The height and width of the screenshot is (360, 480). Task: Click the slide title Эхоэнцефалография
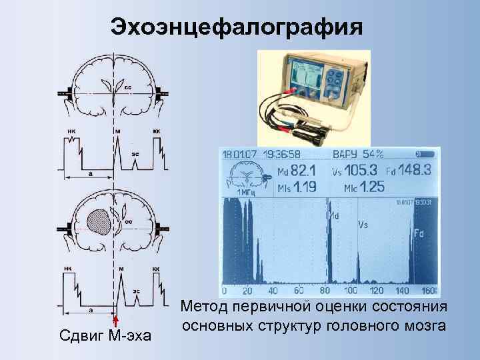tap(237, 27)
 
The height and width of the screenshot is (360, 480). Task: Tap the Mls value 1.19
tap(297, 187)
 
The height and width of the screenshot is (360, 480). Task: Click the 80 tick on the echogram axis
tap(326, 291)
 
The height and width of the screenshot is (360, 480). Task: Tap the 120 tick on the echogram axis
tap(377, 291)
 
